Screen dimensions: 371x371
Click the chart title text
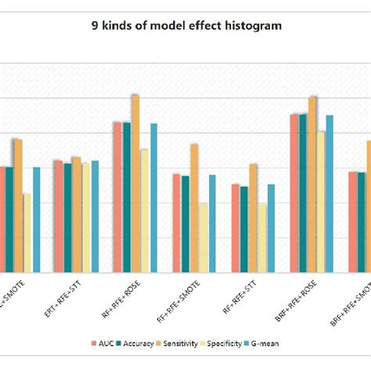[x=185, y=26]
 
